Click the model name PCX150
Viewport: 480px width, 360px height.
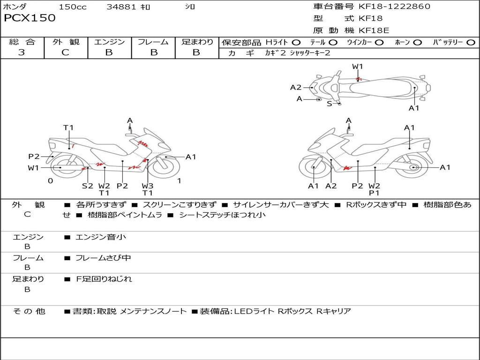(x=30, y=18)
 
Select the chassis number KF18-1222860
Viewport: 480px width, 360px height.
(x=394, y=6)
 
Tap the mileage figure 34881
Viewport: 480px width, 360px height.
(x=121, y=7)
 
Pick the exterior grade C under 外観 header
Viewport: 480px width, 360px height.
(x=66, y=52)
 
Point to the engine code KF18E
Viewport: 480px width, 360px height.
(x=374, y=30)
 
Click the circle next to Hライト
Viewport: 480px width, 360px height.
(x=296, y=43)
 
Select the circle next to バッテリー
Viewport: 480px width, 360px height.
(x=471, y=43)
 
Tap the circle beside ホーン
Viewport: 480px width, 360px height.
(x=417, y=43)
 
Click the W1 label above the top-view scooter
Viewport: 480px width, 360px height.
(x=357, y=66)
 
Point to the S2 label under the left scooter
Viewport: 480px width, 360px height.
(x=87, y=186)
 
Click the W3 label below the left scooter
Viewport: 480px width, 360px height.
(x=148, y=186)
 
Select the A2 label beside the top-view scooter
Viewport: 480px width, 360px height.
(x=296, y=88)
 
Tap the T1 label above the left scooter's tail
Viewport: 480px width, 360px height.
(x=68, y=127)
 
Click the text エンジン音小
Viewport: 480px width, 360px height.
(x=101, y=237)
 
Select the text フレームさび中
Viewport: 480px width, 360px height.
(x=104, y=258)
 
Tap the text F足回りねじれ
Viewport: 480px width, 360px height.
(x=104, y=279)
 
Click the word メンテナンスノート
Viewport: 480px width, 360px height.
(x=153, y=311)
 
